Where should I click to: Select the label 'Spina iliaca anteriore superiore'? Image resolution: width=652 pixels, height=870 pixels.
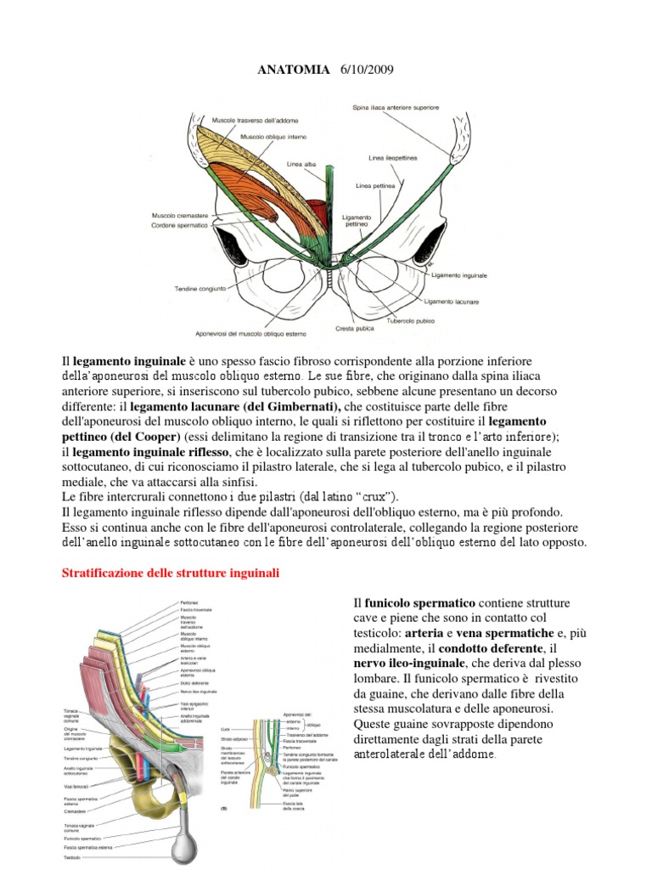(x=402, y=107)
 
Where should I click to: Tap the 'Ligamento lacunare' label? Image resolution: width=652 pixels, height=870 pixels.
(x=452, y=302)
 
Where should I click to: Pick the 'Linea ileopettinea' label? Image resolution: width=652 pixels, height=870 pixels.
(x=390, y=158)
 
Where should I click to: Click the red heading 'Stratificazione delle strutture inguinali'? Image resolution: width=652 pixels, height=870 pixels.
(x=171, y=573)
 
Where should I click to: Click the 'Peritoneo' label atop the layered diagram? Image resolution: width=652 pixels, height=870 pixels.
(x=188, y=602)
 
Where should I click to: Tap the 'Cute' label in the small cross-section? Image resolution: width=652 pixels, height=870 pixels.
(x=224, y=728)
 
